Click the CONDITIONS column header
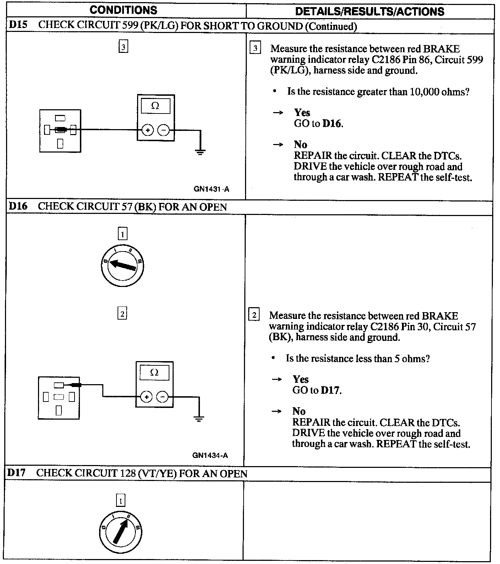click(123, 10)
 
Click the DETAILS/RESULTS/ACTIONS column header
click(369, 11)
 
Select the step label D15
click(17, 26)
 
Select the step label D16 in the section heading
click(17, 206)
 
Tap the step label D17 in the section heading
click(17, 473)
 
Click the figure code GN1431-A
click(211, 189)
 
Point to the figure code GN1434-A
click(210, 455)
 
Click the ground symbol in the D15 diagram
click(200, 153)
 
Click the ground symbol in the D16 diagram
click(199, 419)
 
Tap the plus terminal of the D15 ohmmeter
click(148, 130)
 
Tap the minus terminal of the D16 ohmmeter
click(162, 397)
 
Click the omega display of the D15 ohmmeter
click(156, 106)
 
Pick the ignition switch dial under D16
click(122, 266)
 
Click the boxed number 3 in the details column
click(255, 48)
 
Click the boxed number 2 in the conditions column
click(122, 314)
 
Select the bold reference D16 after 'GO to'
click(332, 124)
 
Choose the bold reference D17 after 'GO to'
click(330, 391)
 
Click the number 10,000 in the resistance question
click(424, 92)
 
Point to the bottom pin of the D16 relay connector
click(59, 410)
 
